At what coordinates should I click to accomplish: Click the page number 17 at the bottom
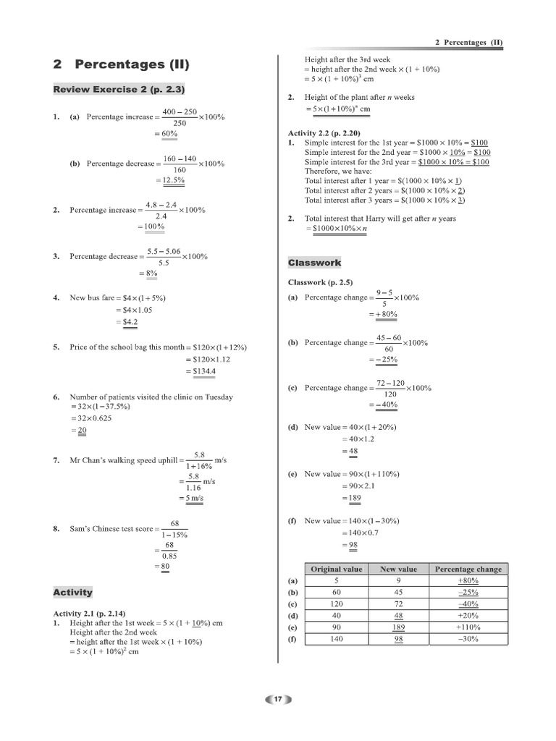(x=277, y=699)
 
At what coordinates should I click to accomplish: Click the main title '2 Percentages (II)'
(x=121, y=64)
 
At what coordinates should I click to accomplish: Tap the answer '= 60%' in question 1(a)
(x=167, y=134)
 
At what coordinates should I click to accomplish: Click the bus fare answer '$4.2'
(x=130, y=322)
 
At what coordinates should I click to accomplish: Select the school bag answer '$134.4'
(x=205, y=371)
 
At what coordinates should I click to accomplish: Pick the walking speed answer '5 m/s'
(x=193, y=499)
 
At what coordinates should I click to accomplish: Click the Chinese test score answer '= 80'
(x=164, y=566)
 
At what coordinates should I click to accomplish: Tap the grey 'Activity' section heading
(x=73, y=592)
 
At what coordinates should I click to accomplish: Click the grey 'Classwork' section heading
(x=314, y=262)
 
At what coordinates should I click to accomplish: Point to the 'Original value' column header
(x=336, y=569)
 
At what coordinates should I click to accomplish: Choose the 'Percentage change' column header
(x=468, y=569)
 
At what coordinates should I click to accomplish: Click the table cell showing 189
(x=398, y=627)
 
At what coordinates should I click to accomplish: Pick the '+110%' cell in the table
(x=468, y=627)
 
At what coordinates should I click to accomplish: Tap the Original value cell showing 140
(x=336, y=639)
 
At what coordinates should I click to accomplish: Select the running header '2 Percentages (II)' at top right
(x=468, y=43)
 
